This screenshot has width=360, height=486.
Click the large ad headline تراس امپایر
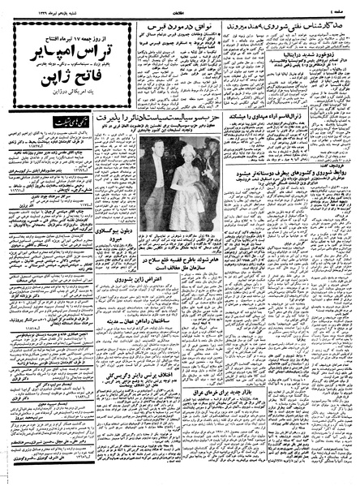coord(64,57)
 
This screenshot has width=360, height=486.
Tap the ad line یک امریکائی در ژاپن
coord(64,101)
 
